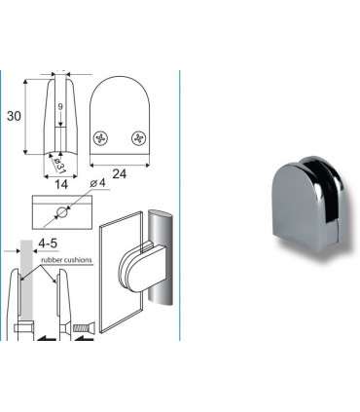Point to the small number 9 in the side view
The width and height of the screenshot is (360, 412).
(x=61, y=109)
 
